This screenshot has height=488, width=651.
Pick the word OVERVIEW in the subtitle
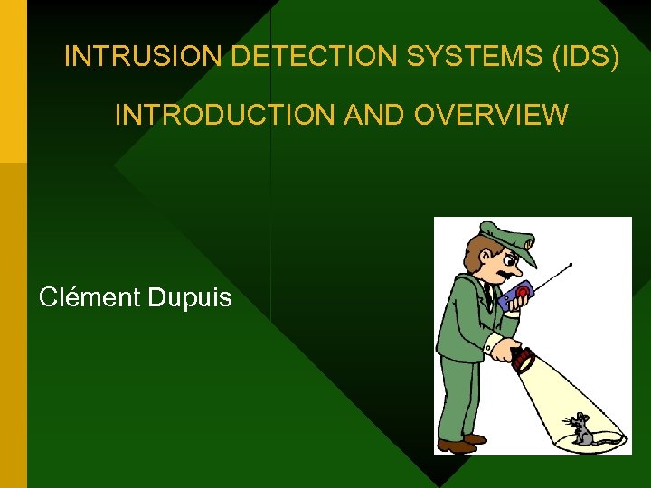tap(493, 115)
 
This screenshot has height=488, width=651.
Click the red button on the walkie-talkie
tap(522, 292)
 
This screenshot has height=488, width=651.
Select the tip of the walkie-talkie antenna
tap(571, 265)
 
